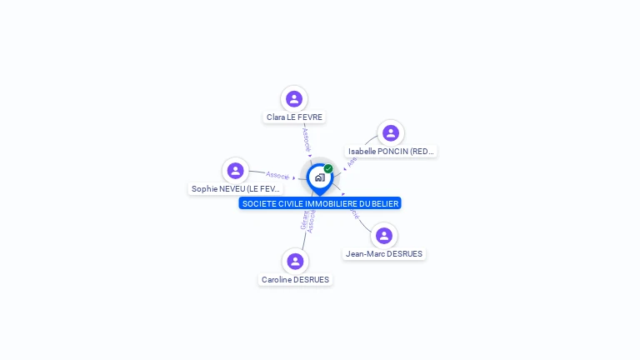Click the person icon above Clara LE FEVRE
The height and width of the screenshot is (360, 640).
tap(293, 99)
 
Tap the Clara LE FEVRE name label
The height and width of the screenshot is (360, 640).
tap(294, 117)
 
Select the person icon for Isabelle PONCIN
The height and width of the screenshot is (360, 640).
tap(391, 133)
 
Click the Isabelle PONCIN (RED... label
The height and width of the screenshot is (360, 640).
tap(391, 152)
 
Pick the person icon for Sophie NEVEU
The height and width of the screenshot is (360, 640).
tap(236, 171)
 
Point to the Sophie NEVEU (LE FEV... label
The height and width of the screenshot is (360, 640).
tap(236, 189)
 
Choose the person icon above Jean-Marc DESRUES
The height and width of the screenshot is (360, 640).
tap(383, 236)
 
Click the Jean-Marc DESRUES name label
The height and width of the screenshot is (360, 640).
tap(384, 254)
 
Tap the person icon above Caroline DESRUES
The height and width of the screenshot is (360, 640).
tap(294, 262)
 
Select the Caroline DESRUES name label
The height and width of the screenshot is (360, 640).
tap(295, 280)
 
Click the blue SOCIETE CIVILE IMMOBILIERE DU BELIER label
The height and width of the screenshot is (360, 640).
tap(320, 203)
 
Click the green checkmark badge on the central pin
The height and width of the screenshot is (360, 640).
tap(328, 169)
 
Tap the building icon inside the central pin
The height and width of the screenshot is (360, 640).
tap(319, 177)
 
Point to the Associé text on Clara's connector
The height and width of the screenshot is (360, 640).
tap(306, 138)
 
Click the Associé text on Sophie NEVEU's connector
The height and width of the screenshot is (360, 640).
tap(277, 176)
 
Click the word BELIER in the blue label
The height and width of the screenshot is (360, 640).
tap(384, 203)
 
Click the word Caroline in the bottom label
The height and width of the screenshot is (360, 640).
tap(276, 280)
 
